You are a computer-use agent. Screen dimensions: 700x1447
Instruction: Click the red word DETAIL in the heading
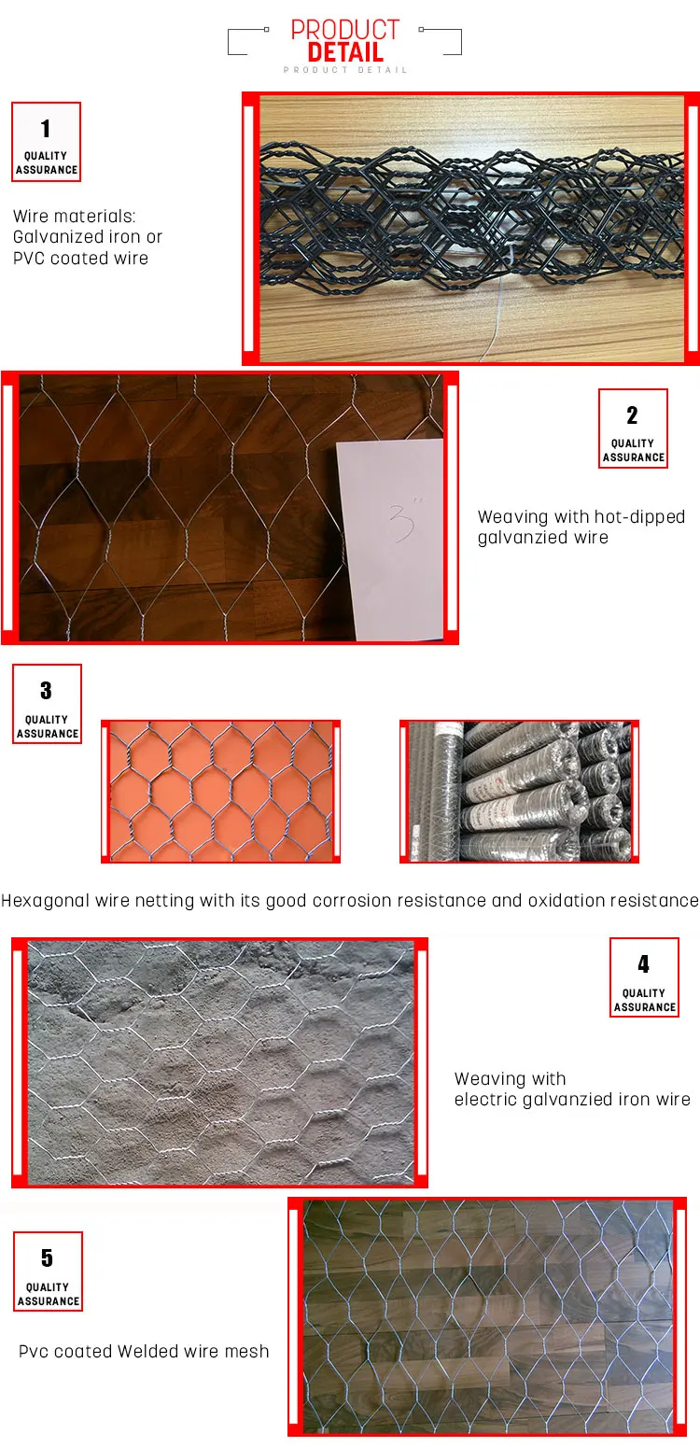tap(345, 52)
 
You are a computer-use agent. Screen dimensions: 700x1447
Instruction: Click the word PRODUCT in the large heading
tap(345, 30)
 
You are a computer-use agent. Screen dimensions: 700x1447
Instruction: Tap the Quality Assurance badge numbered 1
tap(46, 142)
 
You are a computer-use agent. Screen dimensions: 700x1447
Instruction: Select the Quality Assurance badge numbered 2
tap(633, 428)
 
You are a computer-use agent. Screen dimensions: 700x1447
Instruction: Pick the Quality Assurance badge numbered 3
tap(48, 704)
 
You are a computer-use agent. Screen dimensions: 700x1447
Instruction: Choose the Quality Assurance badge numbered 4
tap(644, 977)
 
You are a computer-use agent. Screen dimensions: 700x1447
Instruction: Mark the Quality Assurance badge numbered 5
tap(48, 1271)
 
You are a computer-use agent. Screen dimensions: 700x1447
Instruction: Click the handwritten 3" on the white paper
tap(405, 518)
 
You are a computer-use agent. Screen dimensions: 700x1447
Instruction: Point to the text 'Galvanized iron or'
tap(88, 237)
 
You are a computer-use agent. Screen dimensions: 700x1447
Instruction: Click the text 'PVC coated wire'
tap(80, 259)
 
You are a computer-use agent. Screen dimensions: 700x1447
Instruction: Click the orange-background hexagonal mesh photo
tap(221, 792)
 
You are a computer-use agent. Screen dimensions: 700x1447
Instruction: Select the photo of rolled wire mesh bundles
tap(519, 792)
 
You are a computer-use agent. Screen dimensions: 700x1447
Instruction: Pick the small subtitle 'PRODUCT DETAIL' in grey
tap(345, 70)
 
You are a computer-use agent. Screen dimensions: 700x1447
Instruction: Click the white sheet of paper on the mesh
tap(391, 540)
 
